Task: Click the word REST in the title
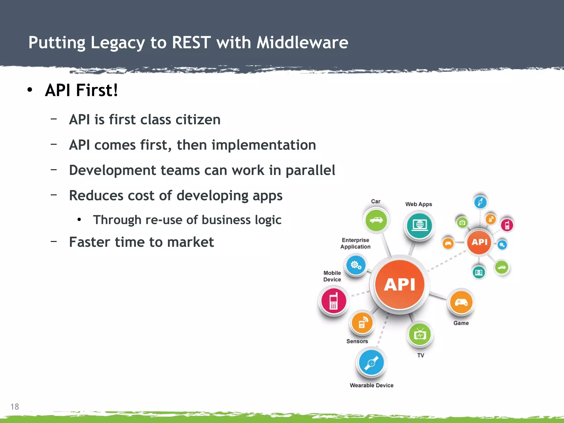coord(191,43)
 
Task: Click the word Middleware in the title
coord(302,43)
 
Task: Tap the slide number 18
coord(15,406)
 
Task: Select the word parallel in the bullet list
coord(310,170)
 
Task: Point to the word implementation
coord(264,145)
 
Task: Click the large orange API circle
coord(399,284)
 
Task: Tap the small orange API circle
coord(479,242)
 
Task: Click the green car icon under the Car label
coord(376,220)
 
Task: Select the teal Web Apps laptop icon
coord(419,225)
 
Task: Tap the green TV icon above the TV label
coord(420,335)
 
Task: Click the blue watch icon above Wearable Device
coord(371,362)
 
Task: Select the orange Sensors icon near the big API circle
coord(362,323)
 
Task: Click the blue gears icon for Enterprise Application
coord(356,265)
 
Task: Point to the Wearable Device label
coord(371,385)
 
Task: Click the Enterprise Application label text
coord(355,243)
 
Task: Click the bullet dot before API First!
coord(30,90)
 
